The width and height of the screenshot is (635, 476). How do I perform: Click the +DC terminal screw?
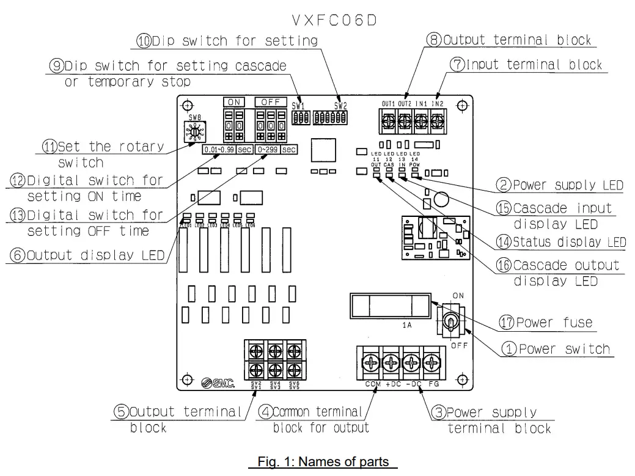pos(392,364)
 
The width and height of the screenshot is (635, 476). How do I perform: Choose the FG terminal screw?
pos(433,364)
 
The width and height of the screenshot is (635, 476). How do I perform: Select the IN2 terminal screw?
pos(436,122)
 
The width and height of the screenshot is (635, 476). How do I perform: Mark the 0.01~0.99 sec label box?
pos(228,149)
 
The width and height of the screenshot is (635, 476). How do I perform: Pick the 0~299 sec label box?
pos(276,149)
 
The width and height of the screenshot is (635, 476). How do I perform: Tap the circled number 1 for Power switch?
pos(510,350)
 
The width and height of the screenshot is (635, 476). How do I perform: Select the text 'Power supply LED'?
pos(568,185)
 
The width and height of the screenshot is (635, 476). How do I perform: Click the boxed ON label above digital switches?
pos(234,103)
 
